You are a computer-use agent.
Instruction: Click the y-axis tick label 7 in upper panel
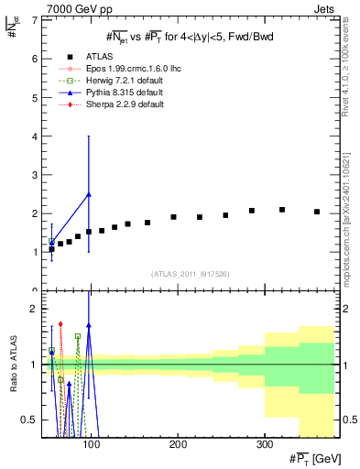pos(36,19)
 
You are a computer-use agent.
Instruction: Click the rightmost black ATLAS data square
pos(317,212)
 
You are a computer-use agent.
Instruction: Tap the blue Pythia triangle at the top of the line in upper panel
pos(88,194)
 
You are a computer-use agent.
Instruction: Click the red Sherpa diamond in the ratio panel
pos(60,323)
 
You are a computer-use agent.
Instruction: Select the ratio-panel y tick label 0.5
pos(30,420)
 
